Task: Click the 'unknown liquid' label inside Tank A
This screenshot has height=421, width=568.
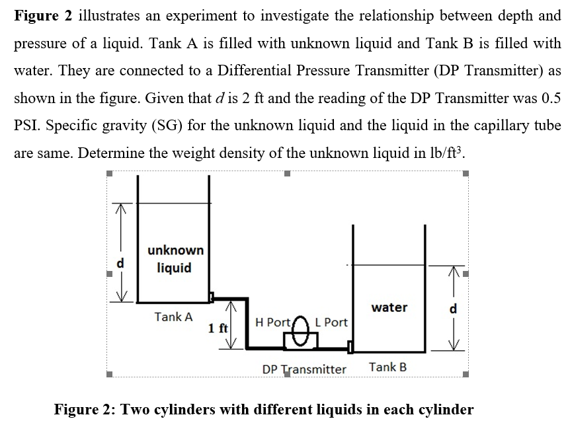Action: pos(175,259)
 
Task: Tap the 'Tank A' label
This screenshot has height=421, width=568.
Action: pos(173,317)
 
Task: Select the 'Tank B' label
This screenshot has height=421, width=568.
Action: pos(387,367)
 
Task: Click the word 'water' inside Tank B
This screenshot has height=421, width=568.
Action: pos(389,307)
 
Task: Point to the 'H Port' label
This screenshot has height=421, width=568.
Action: pos(272,323)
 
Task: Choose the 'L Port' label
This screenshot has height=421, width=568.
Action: pos(331,323)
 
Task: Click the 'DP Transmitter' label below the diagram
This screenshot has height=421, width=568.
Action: pos(304,369)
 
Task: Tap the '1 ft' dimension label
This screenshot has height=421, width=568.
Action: pos(218,328)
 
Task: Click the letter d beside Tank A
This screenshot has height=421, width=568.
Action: pos(120,262)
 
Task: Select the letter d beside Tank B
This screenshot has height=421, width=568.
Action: pos(453,308)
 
